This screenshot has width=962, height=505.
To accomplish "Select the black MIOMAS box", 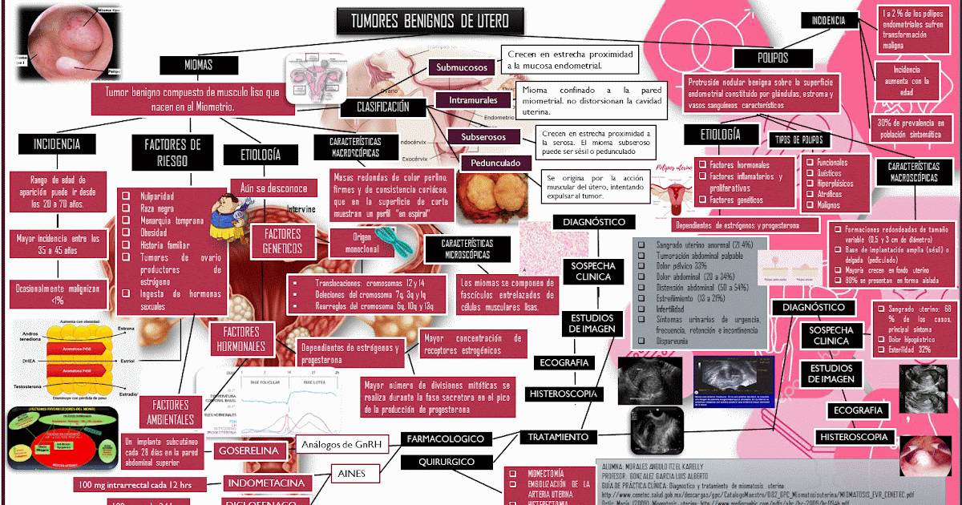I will pyautogui.click(x=199, y=65).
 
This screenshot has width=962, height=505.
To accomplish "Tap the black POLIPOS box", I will pyautogui.click(x=773, y=58).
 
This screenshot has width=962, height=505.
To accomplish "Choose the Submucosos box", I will pyautogui.click(x=461, y=68).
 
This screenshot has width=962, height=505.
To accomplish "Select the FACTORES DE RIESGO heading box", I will pyautogui.click(x=172, y=152).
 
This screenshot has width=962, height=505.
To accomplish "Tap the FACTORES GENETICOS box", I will pyautogui.click(x=281, y=241).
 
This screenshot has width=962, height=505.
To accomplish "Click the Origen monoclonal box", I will pyautogui.click(x=361, y=243).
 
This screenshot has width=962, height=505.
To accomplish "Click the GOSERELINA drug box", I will pyautogui.click(x=252, y=451).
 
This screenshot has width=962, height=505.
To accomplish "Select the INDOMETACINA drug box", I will pyautogui.click(x=267, y=483).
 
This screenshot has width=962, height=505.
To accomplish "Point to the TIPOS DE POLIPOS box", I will pyautogui.click(x=805, y=139).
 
